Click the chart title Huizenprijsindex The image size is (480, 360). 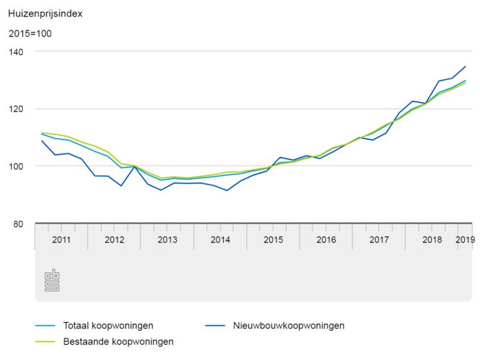(x=41, y=12)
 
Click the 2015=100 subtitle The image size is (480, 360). (x=30, y=33)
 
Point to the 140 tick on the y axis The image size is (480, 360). (x=16, y=52)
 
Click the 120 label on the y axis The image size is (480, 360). (x=16, y=109)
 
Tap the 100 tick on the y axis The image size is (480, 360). (x=16, y=167)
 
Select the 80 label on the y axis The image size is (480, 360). (x=19, y=224)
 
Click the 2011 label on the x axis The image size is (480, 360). (x=62, y=240)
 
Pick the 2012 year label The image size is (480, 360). (x=114, y=240)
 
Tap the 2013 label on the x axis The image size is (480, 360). (x=167, y=240)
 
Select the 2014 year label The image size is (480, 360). (x=220, y=240)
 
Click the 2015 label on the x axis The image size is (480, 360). (x=273, y=240)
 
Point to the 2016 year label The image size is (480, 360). (x=326, y=240)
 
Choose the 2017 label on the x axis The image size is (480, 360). (x=379, y=240)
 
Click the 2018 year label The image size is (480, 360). (x=432, y=240)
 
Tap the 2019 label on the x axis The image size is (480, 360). (x=465, y=240)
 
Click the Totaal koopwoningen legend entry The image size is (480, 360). (x=108, y=325)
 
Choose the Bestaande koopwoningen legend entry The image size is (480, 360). (x=118, y=341)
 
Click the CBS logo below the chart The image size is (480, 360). (x=53, y=281)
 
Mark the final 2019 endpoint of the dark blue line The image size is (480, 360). (x=465, y=66)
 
